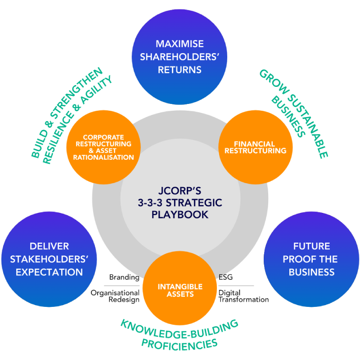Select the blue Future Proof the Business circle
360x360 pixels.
(311, 259)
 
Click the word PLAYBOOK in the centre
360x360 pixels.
(180, 215)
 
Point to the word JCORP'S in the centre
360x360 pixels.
(180, 190)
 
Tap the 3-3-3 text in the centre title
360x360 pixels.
(153, 203)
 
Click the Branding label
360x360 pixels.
(124, 277)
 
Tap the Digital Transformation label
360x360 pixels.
(243, 296)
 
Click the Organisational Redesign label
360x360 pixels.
(116, 296)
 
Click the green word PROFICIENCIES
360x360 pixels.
(180, 343)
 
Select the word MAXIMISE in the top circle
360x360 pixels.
(180, 44)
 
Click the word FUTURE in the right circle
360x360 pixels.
(311, 246)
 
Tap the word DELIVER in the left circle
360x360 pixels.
(49, 246)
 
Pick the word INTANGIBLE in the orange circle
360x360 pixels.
(180, 287)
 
